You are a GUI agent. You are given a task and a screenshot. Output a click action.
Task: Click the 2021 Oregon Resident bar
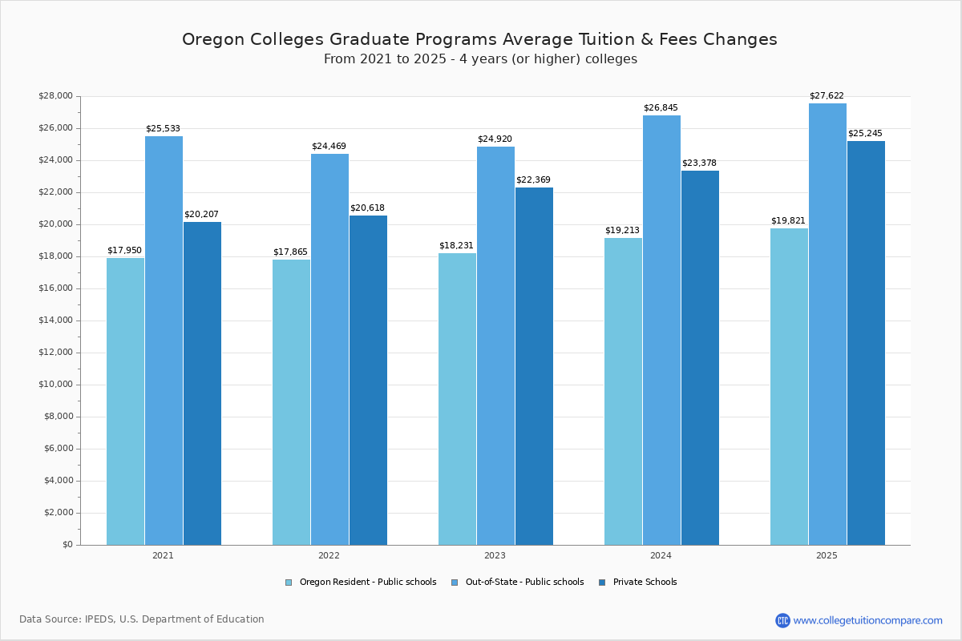pos(125,401)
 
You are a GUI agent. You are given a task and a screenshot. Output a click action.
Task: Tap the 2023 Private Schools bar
pos(534,365)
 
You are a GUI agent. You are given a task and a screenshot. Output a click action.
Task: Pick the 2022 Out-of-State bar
pos(329,349)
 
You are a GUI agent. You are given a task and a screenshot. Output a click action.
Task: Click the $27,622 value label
pos(827,96)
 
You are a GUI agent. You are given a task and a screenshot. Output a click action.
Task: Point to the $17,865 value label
pos(290,252)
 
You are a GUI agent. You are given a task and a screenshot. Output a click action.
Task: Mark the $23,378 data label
pos(699,163)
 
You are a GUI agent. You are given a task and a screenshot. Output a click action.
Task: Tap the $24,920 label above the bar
pos(495,139)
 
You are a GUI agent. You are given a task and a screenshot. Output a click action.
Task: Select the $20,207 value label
pos(201,214)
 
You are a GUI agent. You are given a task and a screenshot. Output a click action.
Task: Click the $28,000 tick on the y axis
pos(55,96)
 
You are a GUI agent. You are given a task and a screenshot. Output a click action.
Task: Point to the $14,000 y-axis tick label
pos(55,320)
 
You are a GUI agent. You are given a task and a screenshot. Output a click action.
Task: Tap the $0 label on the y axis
pos(67,545)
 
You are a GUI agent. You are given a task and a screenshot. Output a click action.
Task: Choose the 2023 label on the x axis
pos(495,555)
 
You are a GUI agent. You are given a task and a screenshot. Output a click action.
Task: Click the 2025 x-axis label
pos(827,555)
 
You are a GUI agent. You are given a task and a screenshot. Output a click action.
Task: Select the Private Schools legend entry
pos(645,583)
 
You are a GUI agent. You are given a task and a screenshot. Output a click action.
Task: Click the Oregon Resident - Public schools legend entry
pos(368,583)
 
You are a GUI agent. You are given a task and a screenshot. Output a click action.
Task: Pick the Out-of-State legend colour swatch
pos(455,583)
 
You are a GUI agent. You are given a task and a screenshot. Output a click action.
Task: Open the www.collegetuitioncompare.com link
pos(867,620)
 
